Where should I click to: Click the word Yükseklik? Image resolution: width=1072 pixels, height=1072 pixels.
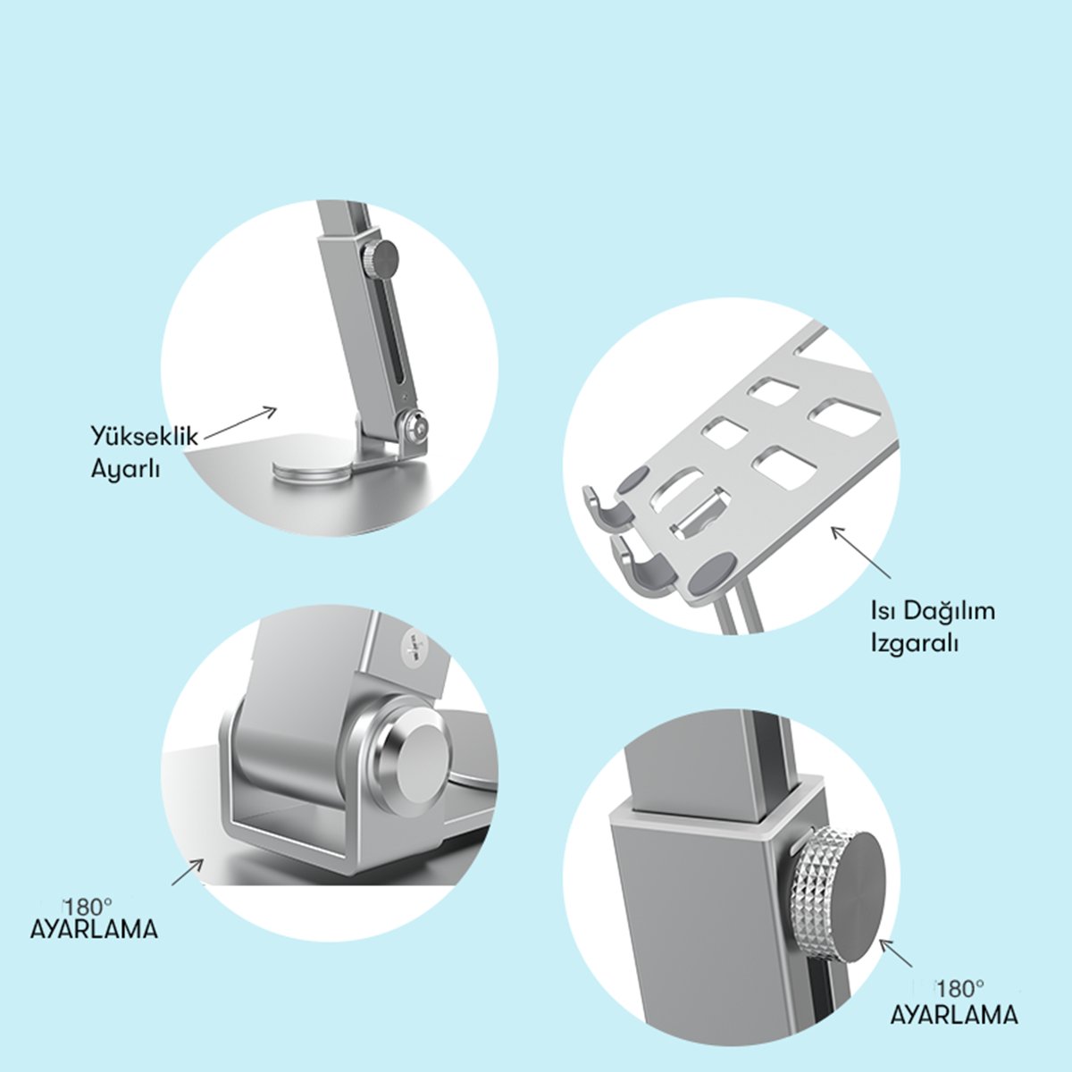tap(145, 437)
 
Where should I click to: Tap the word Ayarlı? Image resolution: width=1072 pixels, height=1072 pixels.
tap(125, 470)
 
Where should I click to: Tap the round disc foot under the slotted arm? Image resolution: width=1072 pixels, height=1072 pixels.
tap(314, 470)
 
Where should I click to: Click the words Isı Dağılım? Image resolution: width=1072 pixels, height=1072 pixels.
tap(933, 611)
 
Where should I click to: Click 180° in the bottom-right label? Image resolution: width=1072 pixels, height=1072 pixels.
tap(960, 990)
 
